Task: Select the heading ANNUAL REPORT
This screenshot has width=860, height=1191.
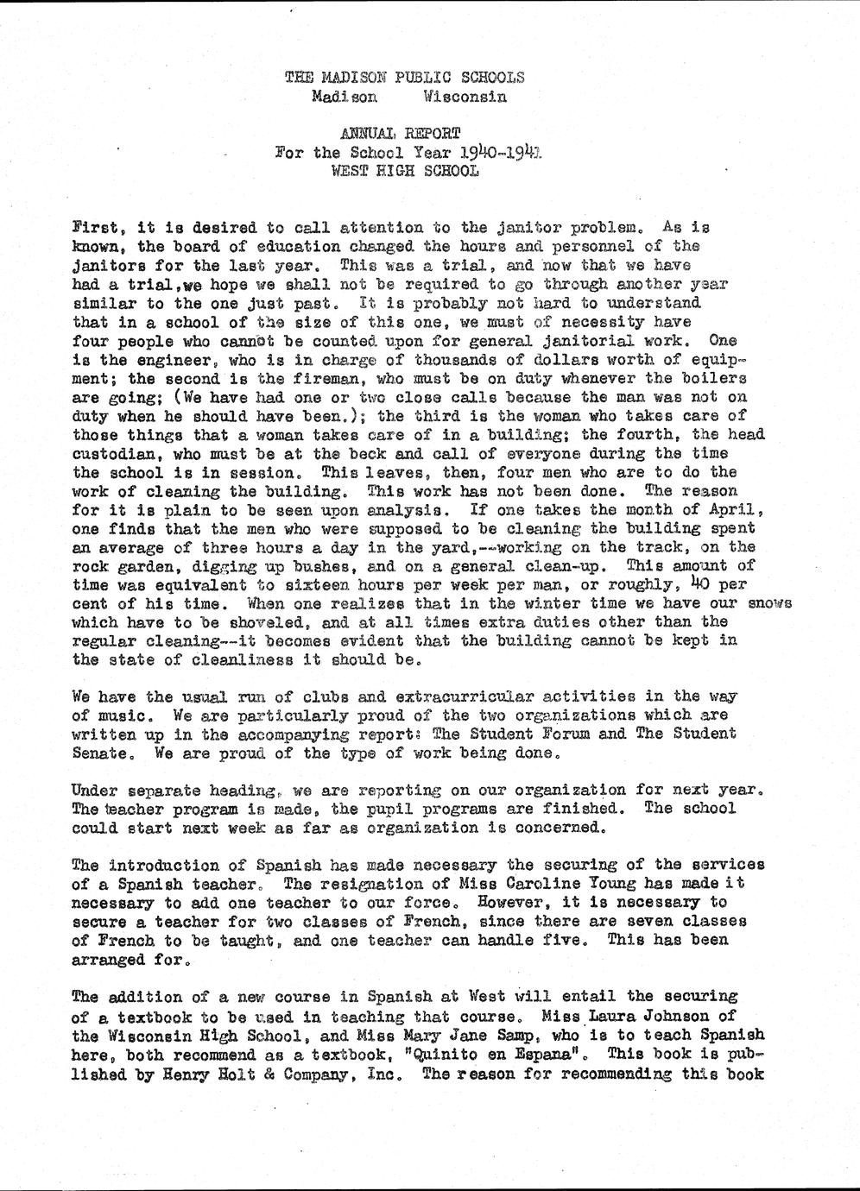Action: [x=400, y=133]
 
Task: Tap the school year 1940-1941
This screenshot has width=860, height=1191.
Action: [x=498, y=152]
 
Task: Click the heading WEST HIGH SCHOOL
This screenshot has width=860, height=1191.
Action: [x=404, y=171]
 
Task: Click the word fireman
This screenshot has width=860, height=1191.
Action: [x=307, y=379]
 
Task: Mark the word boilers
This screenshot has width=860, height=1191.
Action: [x=718, y=379]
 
